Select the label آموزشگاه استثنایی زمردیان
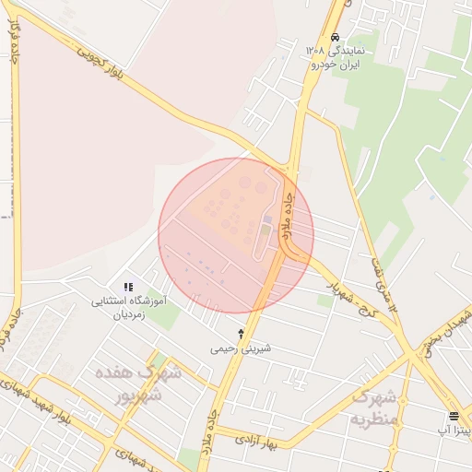point(128,307)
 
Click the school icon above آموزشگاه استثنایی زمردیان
point(128,287)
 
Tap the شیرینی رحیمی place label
point(241,348)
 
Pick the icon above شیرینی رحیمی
point(242,333)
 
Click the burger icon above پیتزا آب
point(454,415)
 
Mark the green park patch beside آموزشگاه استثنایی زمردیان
point(165,315)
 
